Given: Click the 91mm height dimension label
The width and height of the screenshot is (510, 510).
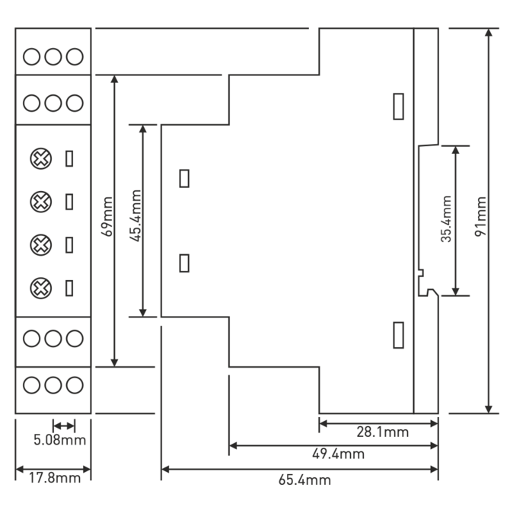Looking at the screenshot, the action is (481, 216).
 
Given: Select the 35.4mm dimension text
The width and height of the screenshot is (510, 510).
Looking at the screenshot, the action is (447, 219).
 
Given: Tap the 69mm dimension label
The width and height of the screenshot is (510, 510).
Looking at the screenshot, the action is (107, 216).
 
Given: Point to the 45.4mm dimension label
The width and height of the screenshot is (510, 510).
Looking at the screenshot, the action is (135, 215).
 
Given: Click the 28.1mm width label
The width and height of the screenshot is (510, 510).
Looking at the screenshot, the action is (382, 432).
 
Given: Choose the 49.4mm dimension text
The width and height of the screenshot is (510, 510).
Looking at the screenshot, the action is (338, 454).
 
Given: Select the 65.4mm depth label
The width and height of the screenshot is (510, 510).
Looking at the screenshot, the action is (304, 480).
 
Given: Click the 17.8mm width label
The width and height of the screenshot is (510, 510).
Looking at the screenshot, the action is (55, 478).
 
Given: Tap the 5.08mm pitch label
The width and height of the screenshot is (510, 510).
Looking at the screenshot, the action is (60, 440).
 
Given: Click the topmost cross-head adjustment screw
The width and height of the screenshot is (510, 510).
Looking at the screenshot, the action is (40, 159).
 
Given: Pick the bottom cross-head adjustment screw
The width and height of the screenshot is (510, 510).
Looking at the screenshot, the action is (40, 288).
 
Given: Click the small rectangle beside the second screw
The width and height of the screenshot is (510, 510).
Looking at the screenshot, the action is (69, 202).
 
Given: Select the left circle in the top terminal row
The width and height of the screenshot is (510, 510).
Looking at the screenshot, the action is (31, 56).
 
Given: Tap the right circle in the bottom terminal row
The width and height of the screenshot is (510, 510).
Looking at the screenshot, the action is (75, 385).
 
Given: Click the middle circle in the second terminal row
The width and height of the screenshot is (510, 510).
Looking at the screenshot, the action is (53, 103).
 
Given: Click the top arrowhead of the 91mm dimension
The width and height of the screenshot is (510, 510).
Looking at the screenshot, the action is (489, 33).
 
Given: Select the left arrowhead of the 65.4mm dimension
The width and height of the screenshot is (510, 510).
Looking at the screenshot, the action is (165, 470).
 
